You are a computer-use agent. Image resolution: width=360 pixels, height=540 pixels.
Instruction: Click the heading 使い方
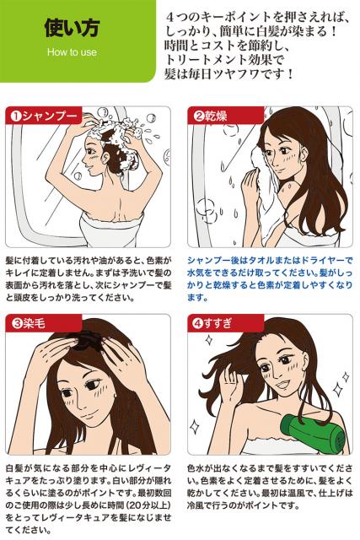click(72, 28)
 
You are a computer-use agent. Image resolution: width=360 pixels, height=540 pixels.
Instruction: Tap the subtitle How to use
click(72, 52)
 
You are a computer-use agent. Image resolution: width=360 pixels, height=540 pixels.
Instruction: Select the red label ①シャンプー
click(44, 116)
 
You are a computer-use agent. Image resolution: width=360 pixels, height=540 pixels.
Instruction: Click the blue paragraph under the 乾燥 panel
click(270, 279)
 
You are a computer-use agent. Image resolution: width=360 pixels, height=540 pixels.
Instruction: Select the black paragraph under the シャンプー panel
click(89, 279)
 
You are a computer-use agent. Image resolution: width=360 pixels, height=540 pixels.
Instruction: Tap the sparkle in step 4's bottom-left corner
click(195, 426)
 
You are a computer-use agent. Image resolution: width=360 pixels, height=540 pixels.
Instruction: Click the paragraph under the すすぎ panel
click(270, 487)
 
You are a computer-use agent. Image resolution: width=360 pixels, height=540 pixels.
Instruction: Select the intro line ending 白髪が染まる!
click(251, 31)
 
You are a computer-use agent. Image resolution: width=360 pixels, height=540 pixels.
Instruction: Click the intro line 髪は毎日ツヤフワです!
click(229, 74)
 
